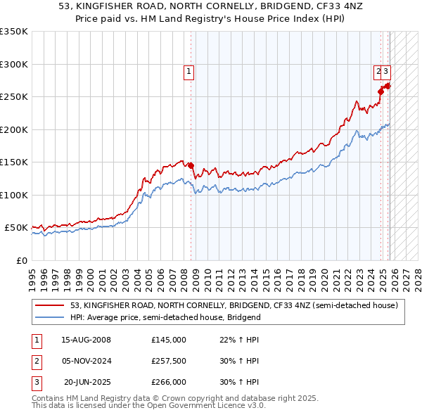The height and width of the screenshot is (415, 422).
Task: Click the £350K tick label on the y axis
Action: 14,32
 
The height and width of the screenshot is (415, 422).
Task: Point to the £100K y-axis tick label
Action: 14,195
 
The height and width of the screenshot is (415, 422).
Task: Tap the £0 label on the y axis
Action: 23,260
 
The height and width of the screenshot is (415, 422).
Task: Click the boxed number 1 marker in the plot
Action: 190,71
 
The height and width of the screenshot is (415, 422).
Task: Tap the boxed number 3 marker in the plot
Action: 387,71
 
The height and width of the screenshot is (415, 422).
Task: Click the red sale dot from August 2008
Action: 191,165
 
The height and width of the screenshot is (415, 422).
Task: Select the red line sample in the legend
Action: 51,305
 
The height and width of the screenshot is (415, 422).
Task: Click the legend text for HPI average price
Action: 165,317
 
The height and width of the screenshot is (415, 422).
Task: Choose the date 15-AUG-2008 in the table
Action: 86,340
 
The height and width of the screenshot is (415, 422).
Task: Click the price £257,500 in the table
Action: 169,361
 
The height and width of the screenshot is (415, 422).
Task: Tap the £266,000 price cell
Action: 169,382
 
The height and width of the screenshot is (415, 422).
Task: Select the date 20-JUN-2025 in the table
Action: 86,382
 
